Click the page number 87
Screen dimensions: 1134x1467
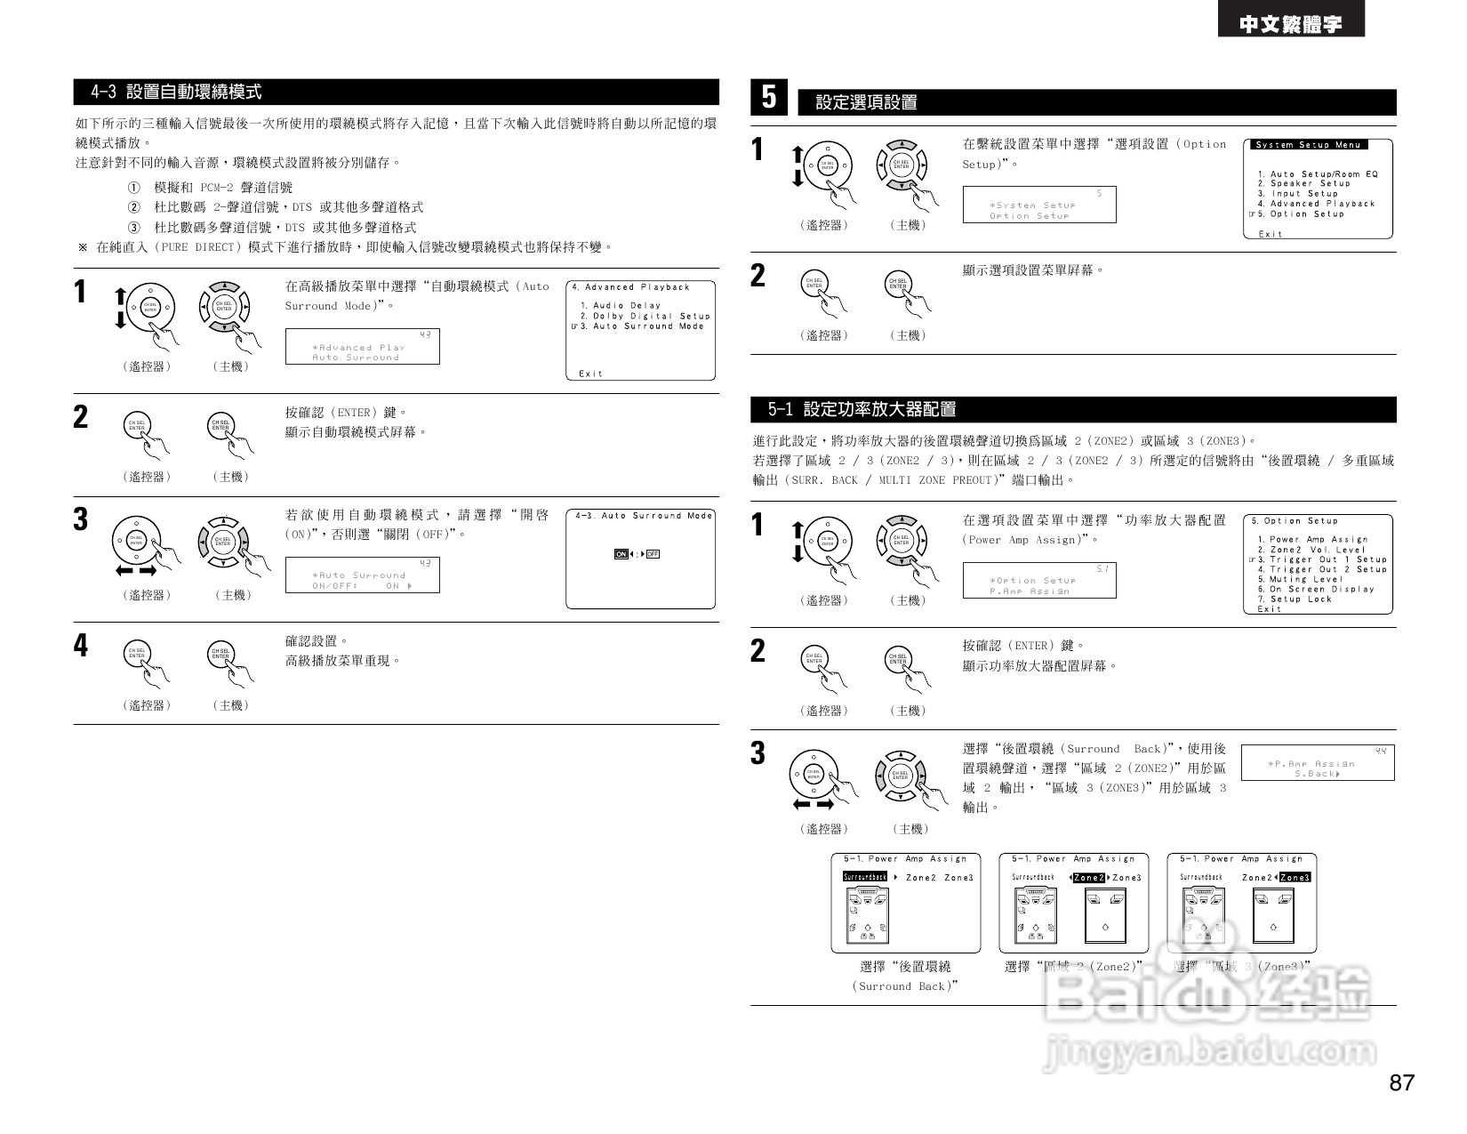tap(1401, 1082)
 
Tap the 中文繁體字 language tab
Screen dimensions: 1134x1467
tap(1291, 24)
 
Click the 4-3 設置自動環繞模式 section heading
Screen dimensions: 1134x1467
tap(177, 92)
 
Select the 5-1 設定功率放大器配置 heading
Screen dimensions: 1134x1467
tap(862, 410)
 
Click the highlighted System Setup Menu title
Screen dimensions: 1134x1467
tap(1308, 145)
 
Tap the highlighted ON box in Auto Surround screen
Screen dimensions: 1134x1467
tap(621, 555)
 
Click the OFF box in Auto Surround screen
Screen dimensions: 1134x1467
tap(653, 555)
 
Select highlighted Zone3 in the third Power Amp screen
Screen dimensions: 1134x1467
tap(1295, 878)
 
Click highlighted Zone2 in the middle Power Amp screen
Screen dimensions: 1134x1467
tap(1088, 878)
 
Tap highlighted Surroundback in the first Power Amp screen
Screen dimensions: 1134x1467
tap(865, 877)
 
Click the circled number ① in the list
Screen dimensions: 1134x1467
tap(134, 188)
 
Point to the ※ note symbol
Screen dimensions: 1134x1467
tap(83, 247)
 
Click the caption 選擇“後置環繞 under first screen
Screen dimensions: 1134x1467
tap(905, 967)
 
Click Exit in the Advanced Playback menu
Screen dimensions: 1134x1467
tap(590, 374)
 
